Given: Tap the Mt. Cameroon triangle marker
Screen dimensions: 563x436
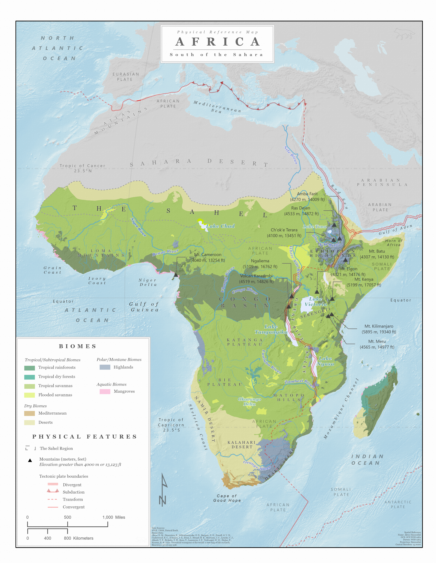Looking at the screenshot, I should [x=176, y=275].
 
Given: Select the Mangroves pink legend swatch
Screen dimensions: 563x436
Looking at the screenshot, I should [x=105, y=391].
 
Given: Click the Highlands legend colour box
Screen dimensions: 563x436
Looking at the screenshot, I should [x=105, y=367].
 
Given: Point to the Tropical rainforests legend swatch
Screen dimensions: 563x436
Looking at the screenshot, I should [x=29, y=368].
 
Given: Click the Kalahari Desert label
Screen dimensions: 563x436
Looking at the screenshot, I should [x=242, y=445].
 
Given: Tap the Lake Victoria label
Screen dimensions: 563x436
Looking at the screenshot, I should [x=316, y=302].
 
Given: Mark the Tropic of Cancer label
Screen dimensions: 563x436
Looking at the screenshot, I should [x=82, y=168].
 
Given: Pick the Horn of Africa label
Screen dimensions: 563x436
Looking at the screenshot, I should [x=394, y=243].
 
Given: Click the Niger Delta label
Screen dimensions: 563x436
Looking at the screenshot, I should [x=148, y=282].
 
